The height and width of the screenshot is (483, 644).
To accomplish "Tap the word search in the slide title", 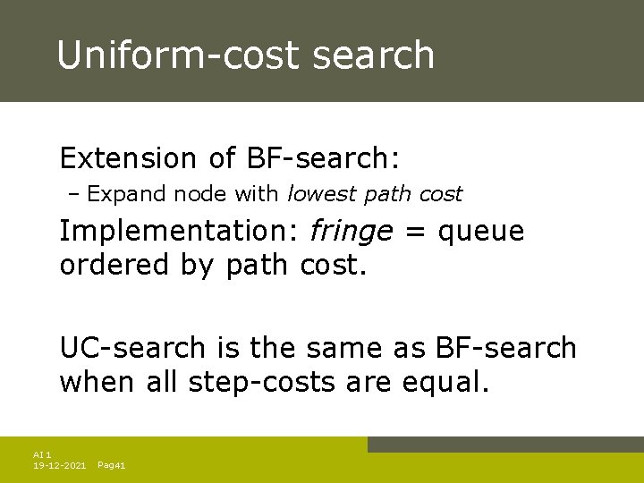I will tap(375, 55).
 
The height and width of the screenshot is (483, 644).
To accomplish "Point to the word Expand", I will tap(116, 193).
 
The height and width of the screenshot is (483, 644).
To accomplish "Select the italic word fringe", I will tap(351, 232).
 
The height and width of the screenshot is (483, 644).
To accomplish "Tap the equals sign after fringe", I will tap(414, 233).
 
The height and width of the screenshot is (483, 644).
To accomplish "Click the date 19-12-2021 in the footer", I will tap(59, 465).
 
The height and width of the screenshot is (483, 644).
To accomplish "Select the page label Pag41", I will tap(111, 465).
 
